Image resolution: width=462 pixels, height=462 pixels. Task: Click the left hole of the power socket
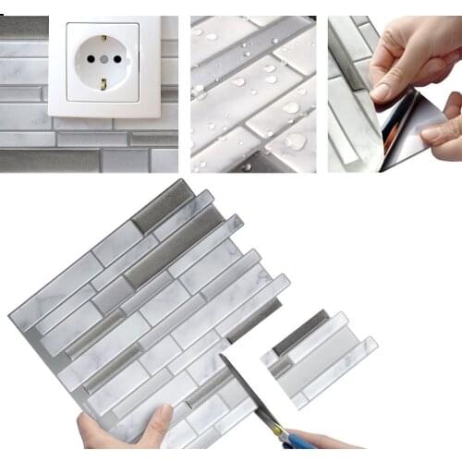(x=91, y=61)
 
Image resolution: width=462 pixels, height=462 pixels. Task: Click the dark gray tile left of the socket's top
(x=23, y=27)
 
